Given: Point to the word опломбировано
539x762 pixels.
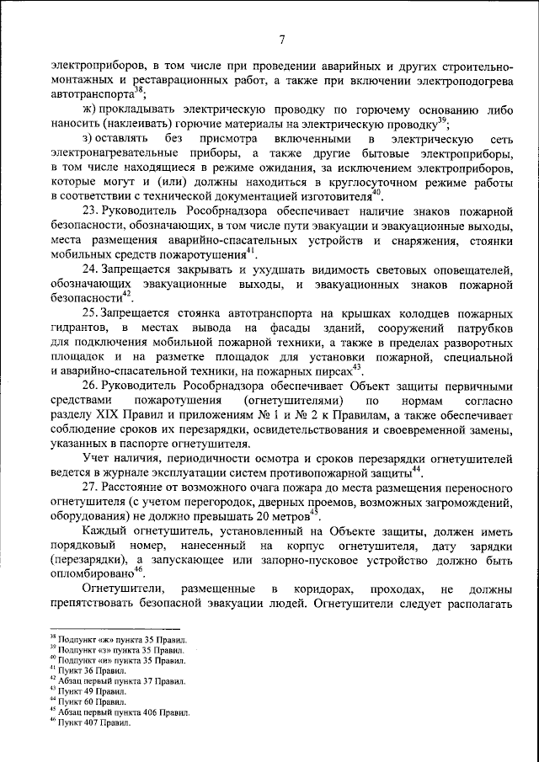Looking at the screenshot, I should (x=83, y=571).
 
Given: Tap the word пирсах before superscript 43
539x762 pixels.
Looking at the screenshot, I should (x=333, y=370).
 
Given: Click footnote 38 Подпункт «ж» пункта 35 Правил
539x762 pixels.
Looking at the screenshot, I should (x=117, y=640).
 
